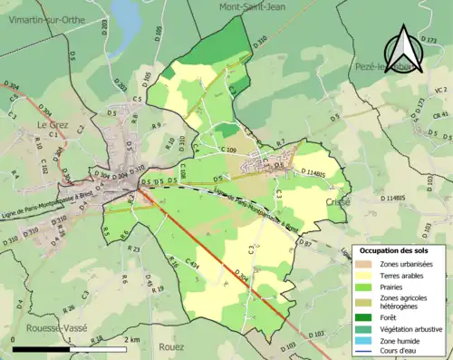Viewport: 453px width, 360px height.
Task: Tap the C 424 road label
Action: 193,263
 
